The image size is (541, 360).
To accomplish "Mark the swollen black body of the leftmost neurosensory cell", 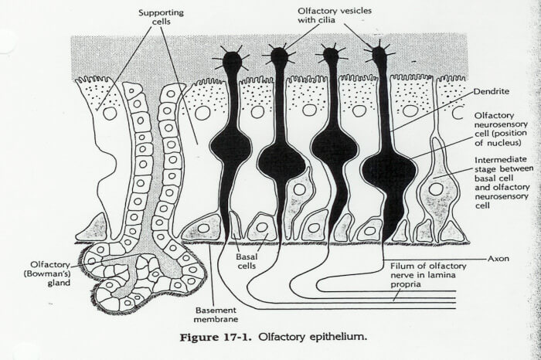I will click(231, 145).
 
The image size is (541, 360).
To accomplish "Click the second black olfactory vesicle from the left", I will click(279, 57).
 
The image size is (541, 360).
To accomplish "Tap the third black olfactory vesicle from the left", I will click(331, 56).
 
